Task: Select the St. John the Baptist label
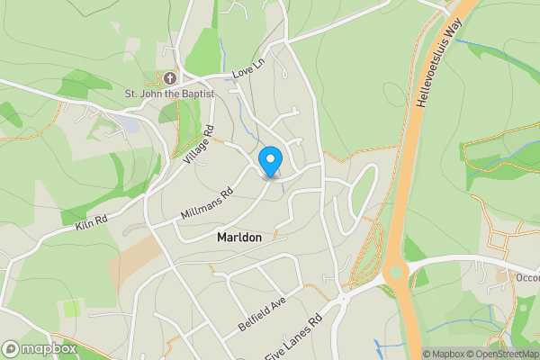tap(170, 94)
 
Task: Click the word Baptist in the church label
tap(197, 94)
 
